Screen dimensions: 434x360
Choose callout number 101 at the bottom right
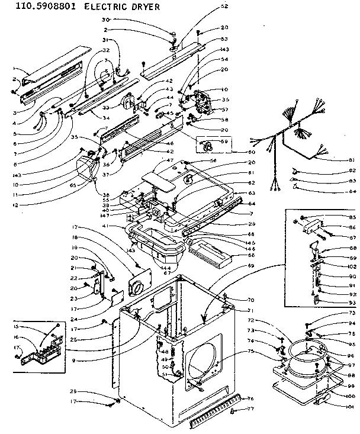coord(350,406)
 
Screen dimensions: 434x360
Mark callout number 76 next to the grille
coord(250,398)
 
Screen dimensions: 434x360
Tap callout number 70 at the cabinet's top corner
coord(250,300)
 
